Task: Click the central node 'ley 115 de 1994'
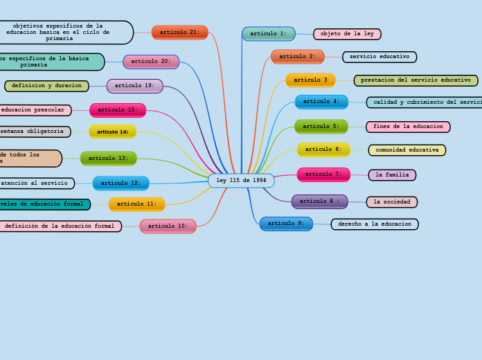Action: pos(241,181)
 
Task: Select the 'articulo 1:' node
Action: pos(268,34)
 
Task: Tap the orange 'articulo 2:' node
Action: pos(297,57)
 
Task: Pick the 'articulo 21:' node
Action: pos(179,33)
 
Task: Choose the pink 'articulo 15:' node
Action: pos(118,110)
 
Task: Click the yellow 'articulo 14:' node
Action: pos(113,132)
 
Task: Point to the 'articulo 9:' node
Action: pos(286,224)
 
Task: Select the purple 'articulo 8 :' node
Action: pos(319,201)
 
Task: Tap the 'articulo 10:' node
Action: pos(168,226)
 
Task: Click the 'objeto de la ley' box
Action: pos(347,34)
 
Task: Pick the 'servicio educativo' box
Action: pos(380,57)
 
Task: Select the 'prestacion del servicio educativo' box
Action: pos(416,80)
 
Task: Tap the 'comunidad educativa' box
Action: pos(407,150)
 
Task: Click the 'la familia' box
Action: pos(392,175)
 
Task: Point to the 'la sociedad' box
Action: pos(392,202)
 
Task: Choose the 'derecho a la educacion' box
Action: pos(375,224)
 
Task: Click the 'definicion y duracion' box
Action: pos(46,86)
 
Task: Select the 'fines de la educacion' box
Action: pos(408,127)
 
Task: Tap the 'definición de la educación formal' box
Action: pos(60,226)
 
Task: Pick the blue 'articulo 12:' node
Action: pos(120,183)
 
